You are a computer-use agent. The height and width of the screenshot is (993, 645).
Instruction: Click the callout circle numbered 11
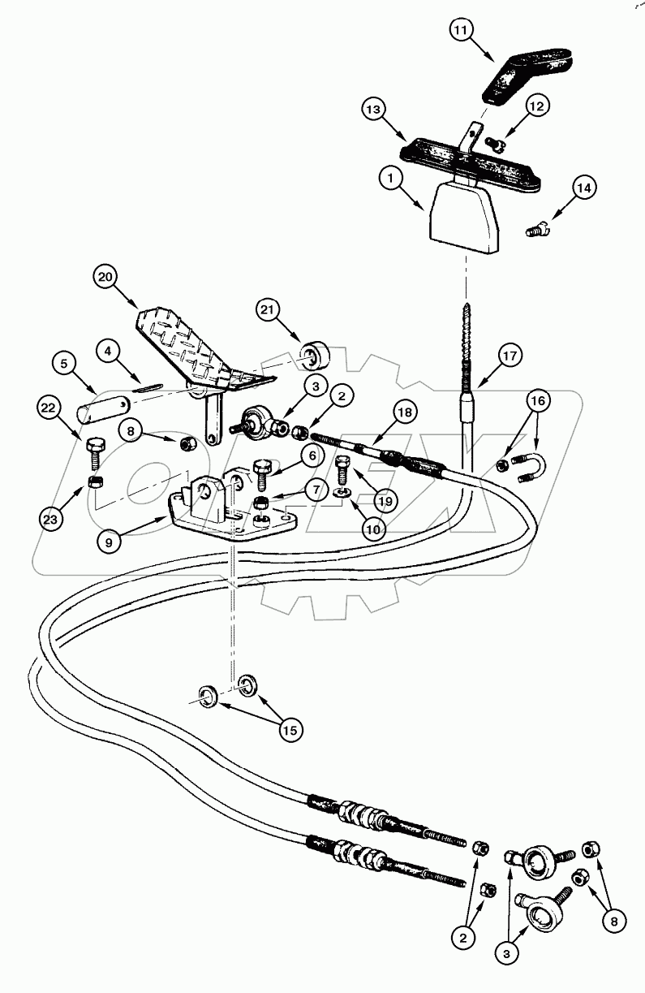[460, 32]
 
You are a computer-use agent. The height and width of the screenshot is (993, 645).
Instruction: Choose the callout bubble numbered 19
[385, 501]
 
